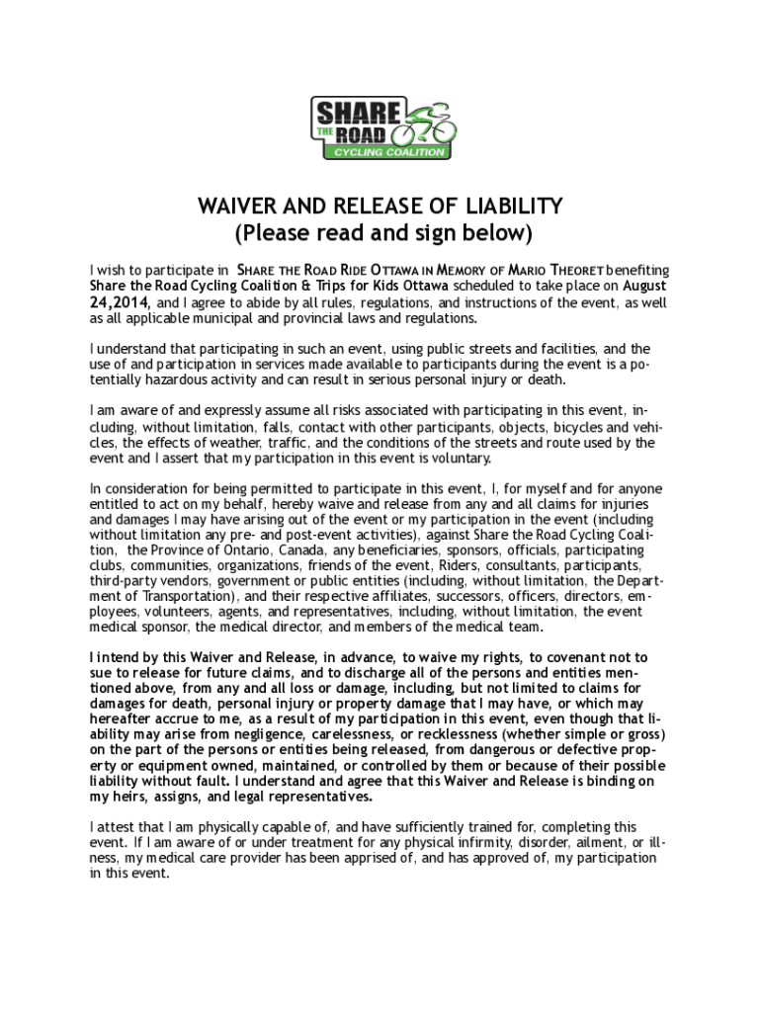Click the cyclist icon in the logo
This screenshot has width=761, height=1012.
[426, 126]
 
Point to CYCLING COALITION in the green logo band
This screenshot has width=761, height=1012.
[389, 152]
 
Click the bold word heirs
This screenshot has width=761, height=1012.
[133, 796]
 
